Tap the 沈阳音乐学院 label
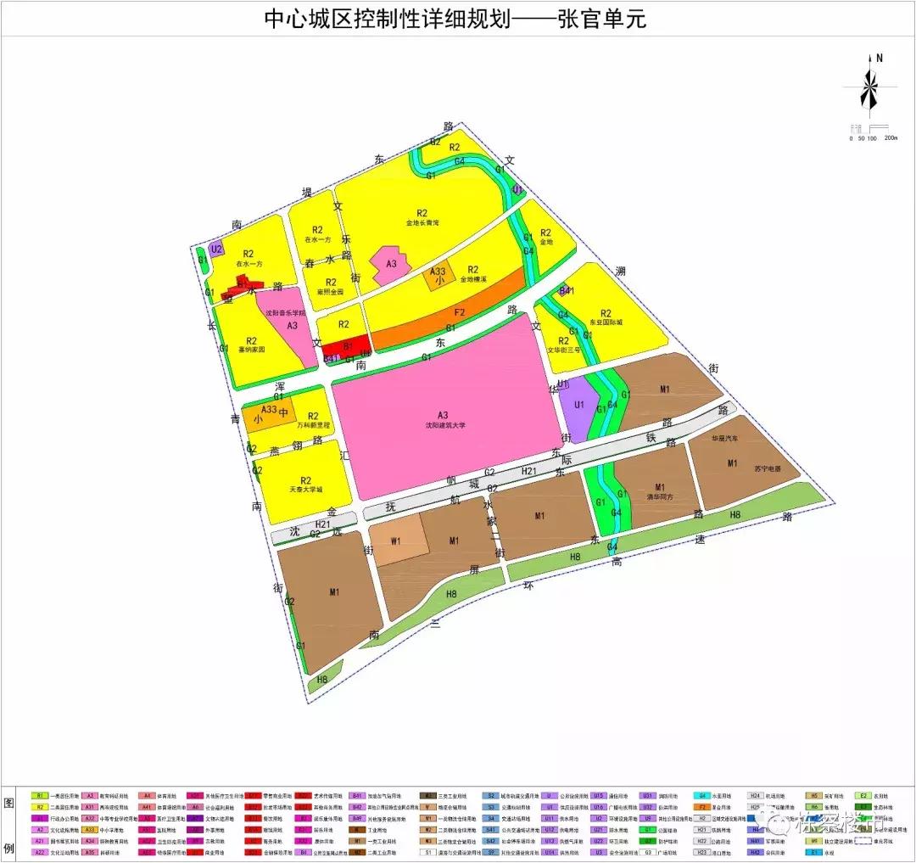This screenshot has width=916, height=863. tap(286, 313)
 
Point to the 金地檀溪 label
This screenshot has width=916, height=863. tap(474, 278)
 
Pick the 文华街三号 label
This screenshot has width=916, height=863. tap(563, 349)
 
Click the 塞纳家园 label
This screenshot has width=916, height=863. tap(252, 349)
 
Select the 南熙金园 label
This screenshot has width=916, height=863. tap(331, 291)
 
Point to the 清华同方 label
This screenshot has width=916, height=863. tap(659, 498)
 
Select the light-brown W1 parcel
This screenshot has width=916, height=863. tap(397, 541)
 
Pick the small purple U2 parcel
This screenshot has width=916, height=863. tap(216, 249)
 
